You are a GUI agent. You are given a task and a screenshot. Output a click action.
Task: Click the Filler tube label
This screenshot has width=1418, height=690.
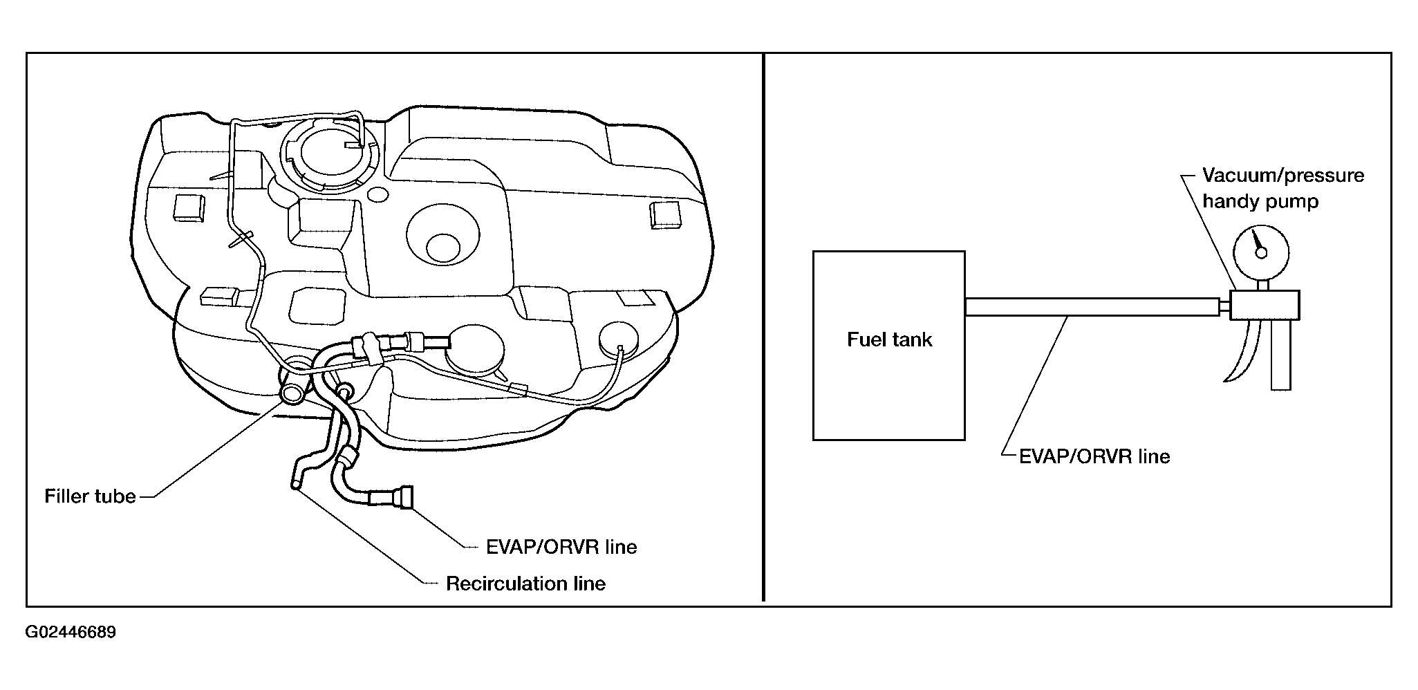[x=90, y=496]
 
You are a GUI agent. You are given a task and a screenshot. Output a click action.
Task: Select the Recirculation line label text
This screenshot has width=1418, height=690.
[x=525, y=584]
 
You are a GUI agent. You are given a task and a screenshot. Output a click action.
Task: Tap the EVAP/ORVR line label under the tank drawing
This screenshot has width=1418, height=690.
[x=561, y=547]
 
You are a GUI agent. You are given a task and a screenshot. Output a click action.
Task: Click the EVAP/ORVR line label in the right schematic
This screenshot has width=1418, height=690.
[x=1094, y=456]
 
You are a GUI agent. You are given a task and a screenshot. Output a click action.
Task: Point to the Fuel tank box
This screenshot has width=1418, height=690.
[x=888, y=345]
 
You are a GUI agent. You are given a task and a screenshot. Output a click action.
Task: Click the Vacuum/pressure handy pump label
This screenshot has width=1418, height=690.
[x=1283, y=188]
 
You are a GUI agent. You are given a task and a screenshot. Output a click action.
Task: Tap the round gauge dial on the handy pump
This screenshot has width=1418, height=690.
[x=1260, y=252]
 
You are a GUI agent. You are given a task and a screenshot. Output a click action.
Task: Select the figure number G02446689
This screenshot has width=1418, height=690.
[x=71, y=633]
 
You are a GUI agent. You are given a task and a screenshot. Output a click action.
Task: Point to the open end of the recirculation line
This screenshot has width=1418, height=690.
[x=296, y=486]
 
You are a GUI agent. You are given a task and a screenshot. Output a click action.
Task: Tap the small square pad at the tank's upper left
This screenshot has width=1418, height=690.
[x=189, y=207]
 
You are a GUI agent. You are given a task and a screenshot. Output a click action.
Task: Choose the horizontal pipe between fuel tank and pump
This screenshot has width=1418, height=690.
[x=1092, y=306]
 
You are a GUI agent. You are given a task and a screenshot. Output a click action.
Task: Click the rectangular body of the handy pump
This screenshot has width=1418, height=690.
[x=1265, y=305]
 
